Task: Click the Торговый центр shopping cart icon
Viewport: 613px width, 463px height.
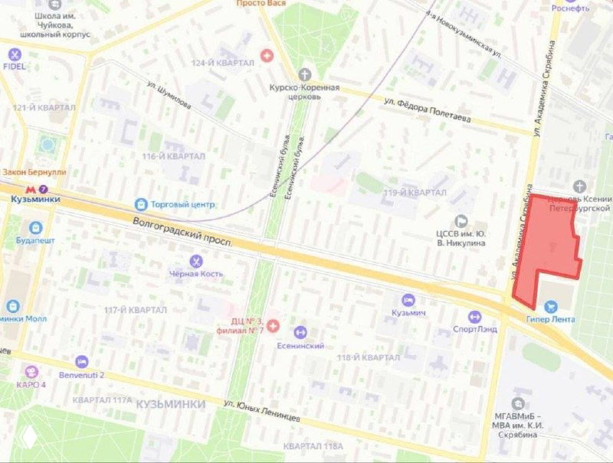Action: [x=140, y=204]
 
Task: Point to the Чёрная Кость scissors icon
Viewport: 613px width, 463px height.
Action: [x=196, y=261]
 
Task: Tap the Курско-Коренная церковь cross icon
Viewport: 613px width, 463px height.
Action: [x=305, y=74]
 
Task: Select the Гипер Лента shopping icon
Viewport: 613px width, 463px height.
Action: [x=549, y=306]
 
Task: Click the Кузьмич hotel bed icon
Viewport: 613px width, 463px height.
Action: [x=408, y=300]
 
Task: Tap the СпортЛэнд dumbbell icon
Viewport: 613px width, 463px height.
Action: [x=474, y=316]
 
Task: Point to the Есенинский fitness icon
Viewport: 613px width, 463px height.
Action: [x=300, y=331]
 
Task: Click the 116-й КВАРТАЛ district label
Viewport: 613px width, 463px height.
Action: [x=174, y=156]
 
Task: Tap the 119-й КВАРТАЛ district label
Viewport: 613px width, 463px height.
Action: [x=415, y=192]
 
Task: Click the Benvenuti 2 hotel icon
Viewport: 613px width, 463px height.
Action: [x=82, y=361]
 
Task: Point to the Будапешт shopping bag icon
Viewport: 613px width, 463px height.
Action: [x=35, y=227]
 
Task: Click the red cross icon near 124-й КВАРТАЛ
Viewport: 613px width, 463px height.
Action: [x=267, y=55]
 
